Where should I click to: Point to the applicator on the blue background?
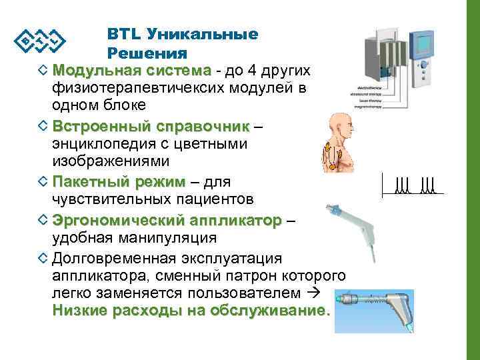tap(380, 308)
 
